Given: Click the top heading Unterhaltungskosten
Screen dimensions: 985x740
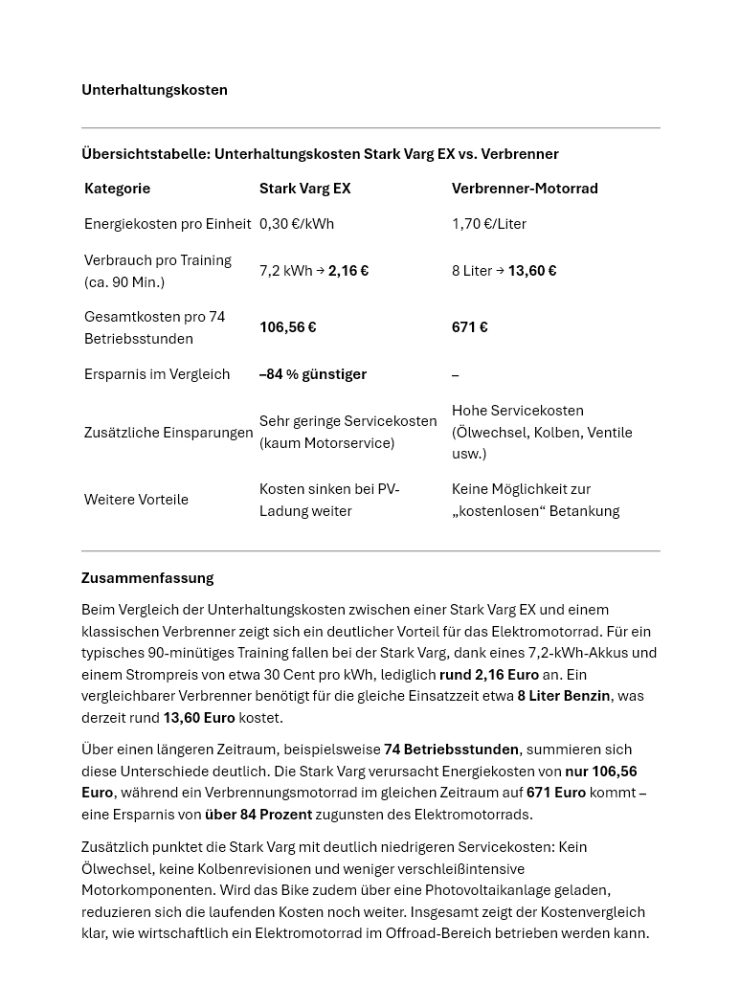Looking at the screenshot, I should click(154, 90).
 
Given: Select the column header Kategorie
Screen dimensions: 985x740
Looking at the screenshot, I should click(117, 189).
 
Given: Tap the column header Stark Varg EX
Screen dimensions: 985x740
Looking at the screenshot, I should click(304, 189).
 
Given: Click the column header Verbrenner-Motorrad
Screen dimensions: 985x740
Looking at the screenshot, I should click(525, 189).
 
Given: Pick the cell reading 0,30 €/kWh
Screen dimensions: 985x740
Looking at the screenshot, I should click(297, 224).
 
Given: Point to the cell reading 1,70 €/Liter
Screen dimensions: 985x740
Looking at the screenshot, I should click(489, 224).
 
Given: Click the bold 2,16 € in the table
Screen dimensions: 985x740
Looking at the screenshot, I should click(348, 271).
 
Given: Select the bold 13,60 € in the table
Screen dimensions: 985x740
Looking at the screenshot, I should click(532, 271).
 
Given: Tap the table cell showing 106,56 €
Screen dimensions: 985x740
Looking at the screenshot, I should click(288, 327).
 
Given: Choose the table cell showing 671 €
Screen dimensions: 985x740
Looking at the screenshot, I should click(470, 327).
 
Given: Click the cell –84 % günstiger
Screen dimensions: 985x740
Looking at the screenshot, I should click(313, 374).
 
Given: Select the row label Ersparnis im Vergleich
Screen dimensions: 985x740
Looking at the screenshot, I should click(157, 374).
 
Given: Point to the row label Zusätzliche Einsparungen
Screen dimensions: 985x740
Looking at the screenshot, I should click(168, 433).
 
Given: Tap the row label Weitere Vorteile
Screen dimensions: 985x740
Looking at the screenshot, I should click(136, 500).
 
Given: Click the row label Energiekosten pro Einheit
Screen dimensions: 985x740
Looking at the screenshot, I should click(168, 224).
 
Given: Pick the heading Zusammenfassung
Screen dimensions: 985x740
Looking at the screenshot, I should click(147, 578).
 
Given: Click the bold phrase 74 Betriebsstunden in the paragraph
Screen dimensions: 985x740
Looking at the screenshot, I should click(451, 750).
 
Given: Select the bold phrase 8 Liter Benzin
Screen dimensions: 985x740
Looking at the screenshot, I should click(564, 696).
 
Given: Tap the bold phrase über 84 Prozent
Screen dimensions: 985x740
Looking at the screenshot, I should click(258, 815).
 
